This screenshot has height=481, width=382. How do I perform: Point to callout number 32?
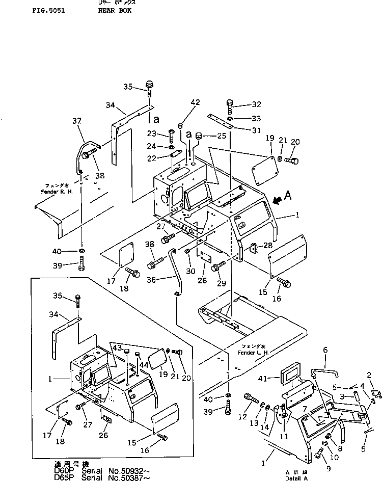click(256, 105)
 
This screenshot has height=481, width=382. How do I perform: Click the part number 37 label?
click(77, 122)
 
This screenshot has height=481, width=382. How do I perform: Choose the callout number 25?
click(221, 136)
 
